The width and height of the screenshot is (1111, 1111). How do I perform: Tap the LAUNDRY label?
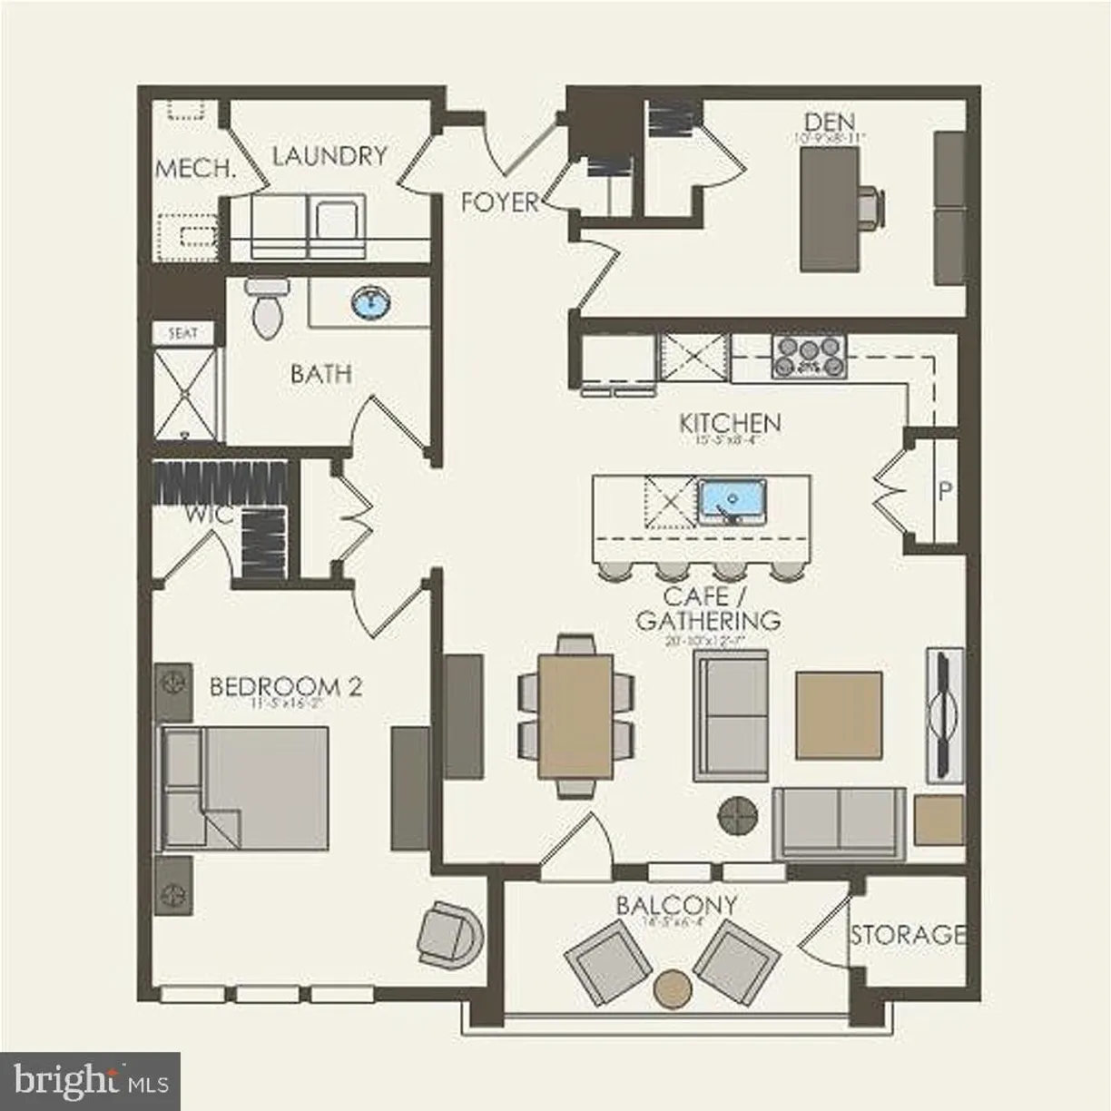[x=329, y=155]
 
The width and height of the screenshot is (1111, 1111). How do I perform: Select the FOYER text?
[x=499, y=202]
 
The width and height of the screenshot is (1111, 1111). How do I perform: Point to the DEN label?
[x=830, y=121]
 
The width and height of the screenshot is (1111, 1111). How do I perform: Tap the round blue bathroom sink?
[x=369, y=302]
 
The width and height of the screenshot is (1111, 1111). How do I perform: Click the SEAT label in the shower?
[x=182, y=333]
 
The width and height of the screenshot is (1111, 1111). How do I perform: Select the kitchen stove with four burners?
[x=808, y=356]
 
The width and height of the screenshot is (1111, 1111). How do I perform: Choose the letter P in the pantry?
[x=945, y=491]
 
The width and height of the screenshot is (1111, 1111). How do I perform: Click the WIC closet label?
[x=210, y=516]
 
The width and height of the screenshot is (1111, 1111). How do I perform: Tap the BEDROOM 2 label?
[x=285, y=686]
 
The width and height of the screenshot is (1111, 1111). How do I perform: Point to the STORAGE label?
[x=907, y=934]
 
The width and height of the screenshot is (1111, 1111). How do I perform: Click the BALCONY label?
[x=675, y=905]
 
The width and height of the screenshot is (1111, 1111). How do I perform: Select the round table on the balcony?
[x=673, y=987]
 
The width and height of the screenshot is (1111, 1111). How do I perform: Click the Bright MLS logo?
[x=90, y=1081]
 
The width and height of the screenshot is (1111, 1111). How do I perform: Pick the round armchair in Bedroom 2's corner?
[x=449, y=935]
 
